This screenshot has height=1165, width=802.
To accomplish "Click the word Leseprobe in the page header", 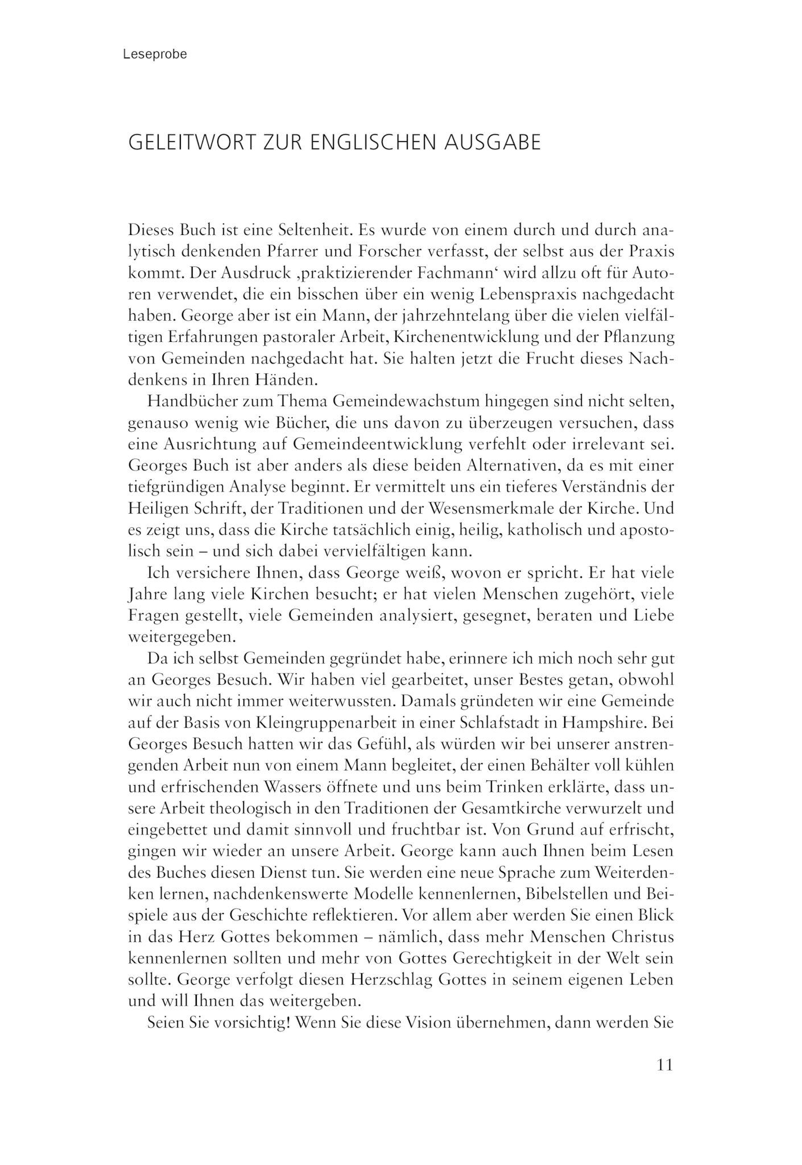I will (x=155, y=55).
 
